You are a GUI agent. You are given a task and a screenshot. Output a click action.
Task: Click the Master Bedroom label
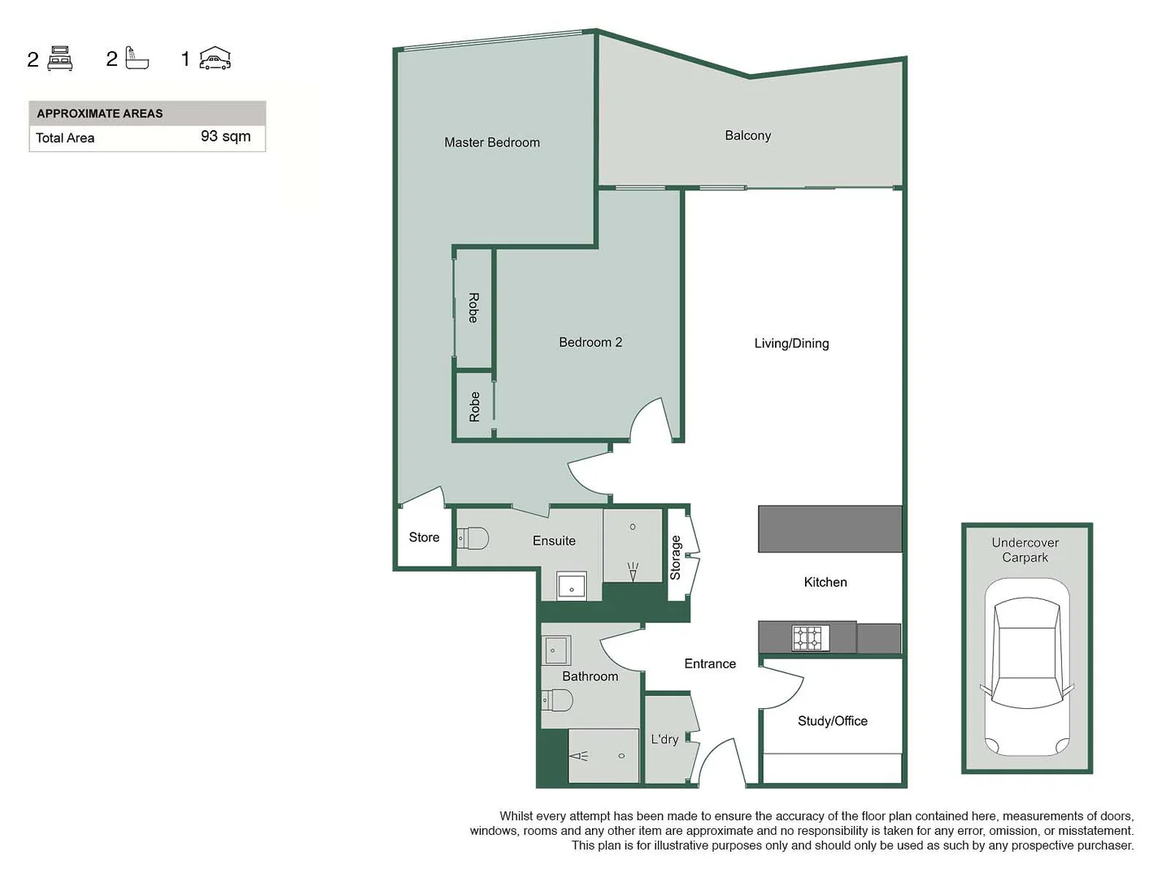(492, 142)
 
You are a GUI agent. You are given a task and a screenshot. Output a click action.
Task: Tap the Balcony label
(747, 136)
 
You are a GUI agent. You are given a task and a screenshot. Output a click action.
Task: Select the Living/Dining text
(791, 343)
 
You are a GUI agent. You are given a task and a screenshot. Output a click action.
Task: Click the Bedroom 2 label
(590, 342)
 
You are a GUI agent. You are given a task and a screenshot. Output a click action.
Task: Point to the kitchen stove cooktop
(811, 637)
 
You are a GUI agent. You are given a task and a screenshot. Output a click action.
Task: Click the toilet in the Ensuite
(472, 538)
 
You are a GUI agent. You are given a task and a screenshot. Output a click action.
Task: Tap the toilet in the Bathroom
(557, 700)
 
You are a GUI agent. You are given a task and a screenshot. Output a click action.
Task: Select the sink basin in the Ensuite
(572, 586)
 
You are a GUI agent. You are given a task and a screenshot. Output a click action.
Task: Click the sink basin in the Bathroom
(557, 650)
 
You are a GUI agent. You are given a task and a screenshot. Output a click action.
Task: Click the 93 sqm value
(225, 137)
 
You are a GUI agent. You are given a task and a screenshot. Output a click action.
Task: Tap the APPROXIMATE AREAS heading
(99, 114)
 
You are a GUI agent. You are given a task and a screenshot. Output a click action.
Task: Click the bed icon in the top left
(60, 59)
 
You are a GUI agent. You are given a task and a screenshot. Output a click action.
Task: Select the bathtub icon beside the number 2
(137, 59)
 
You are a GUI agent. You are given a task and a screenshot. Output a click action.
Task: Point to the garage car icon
(215, 59)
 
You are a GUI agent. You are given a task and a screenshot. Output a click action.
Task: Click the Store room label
(424, 537)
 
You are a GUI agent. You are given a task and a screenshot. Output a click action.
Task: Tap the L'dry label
(664, 739)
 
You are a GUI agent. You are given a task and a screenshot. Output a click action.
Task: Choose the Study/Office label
(832, 721)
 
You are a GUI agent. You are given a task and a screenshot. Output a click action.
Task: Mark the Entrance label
(710, 664)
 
